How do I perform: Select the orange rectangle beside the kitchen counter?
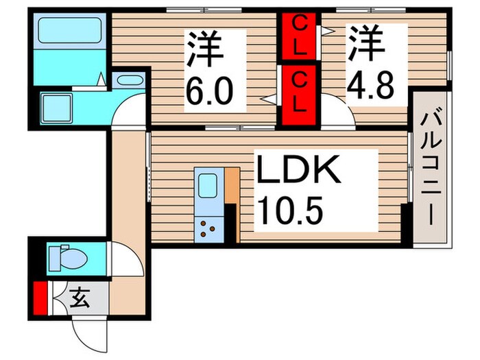point(232,185)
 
